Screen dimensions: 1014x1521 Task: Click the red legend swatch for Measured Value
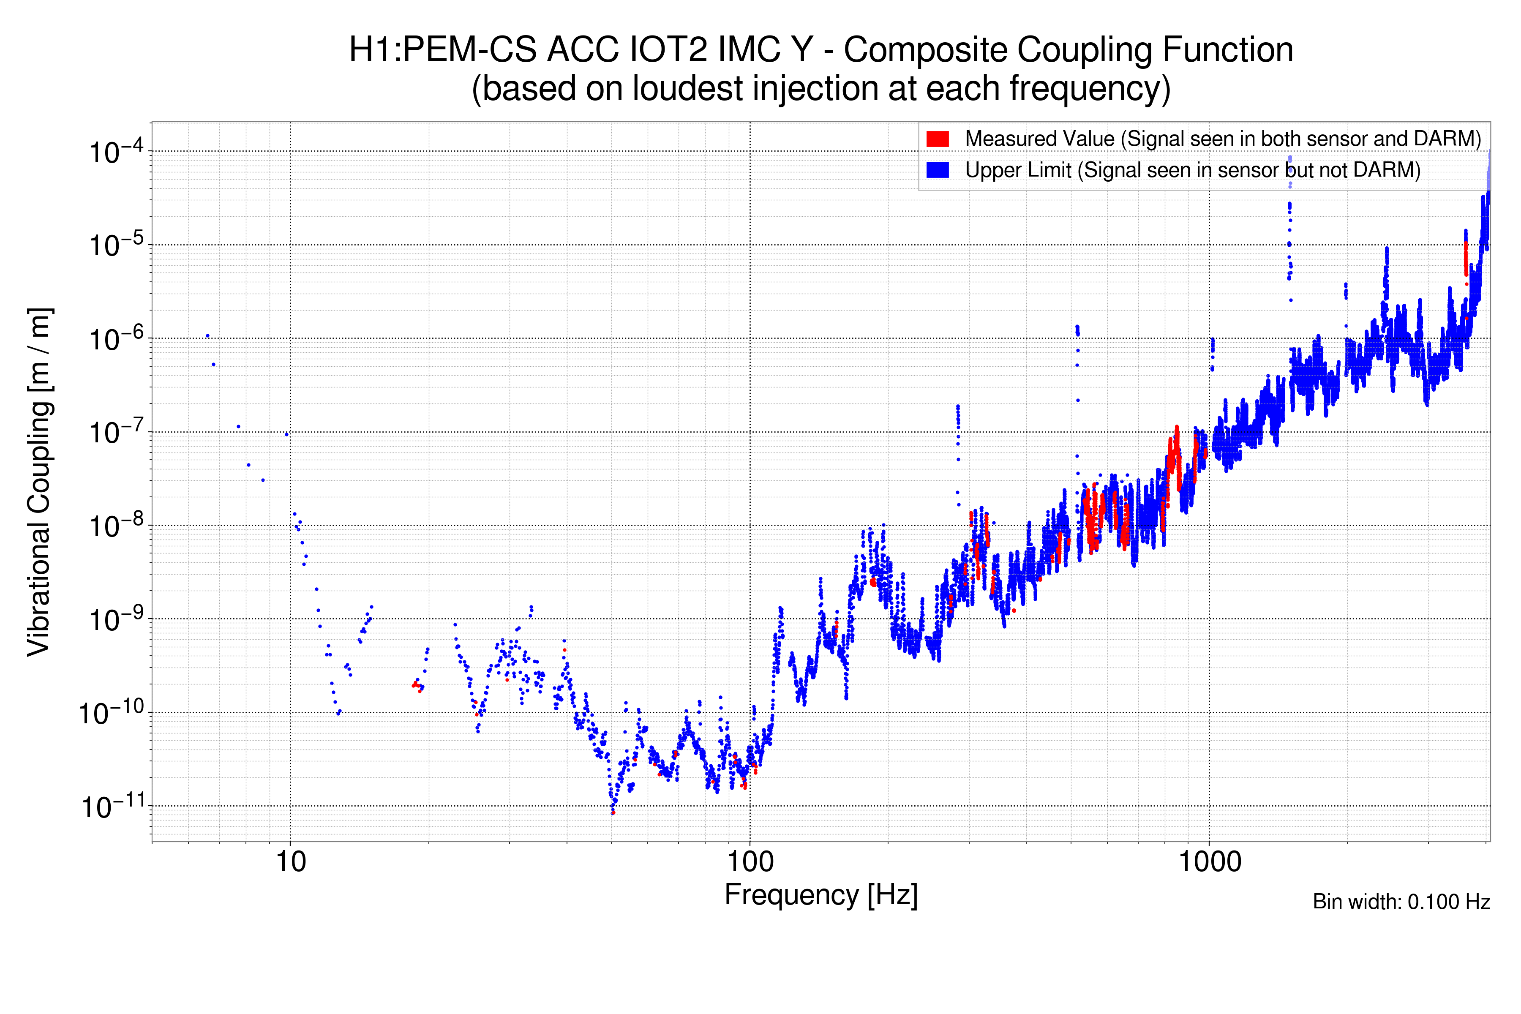[937, 139]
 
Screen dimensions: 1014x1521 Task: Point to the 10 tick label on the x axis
[290, 861]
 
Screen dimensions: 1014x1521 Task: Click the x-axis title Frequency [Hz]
[820, 895]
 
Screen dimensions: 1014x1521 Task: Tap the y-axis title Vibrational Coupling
[39, 482]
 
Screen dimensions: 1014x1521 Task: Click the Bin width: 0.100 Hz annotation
[1401, 902]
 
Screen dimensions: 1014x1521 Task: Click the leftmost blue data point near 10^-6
[207, 335]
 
